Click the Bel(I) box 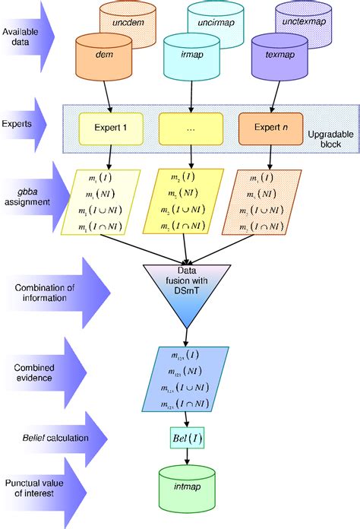click(187, 438)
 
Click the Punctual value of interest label click(34, 489)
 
